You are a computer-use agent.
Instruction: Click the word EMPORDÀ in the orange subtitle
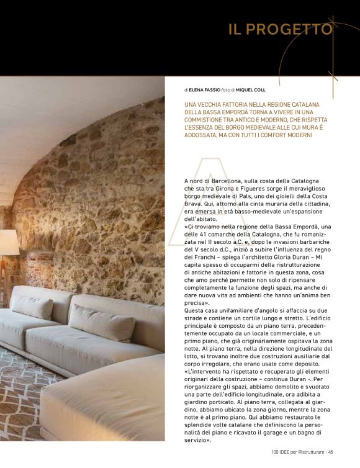[233, 111]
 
